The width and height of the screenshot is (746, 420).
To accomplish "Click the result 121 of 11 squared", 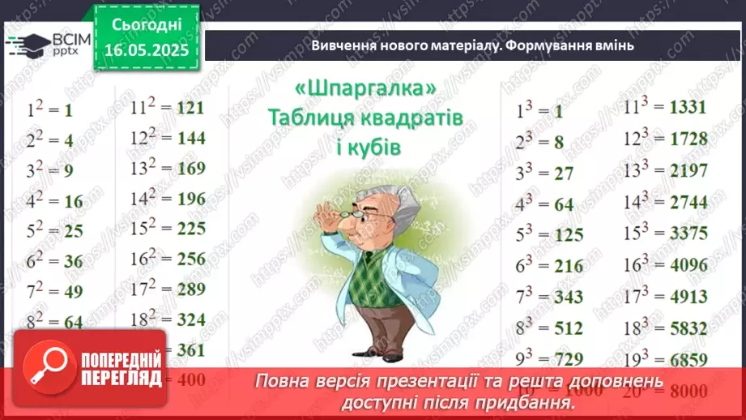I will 189,109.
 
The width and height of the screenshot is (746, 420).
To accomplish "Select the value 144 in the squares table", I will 190,139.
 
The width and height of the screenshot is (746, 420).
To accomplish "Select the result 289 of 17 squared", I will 190,289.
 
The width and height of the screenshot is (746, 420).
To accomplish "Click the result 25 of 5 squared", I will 74,231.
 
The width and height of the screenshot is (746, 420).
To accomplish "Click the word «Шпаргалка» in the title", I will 366,89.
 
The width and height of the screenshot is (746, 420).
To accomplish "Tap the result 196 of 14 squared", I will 190,199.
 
